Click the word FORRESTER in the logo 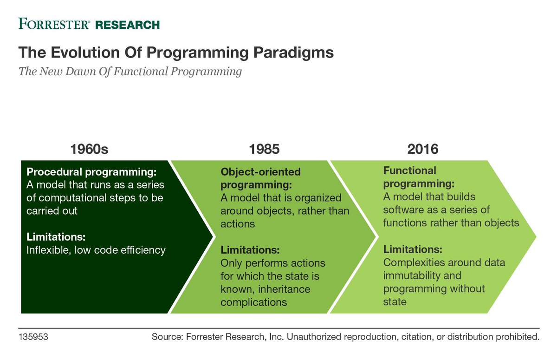tap(53, 24)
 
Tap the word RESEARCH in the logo tap(127, 25)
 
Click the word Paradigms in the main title tap(293, 53)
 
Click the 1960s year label tap(89, 149)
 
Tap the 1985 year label tap(264, 149)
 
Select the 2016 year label tap(423, 149)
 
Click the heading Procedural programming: tap(91, 172)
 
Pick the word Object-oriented tap(260, 172)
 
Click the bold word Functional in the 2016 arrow tap(409, 170)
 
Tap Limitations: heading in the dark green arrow tap(56, 237)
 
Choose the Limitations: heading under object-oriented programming tap(250, 250)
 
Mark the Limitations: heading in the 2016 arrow tap(413, 249)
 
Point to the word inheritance tap(284, 289)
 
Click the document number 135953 tap(33, 337)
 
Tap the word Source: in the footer tap(168, 337)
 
